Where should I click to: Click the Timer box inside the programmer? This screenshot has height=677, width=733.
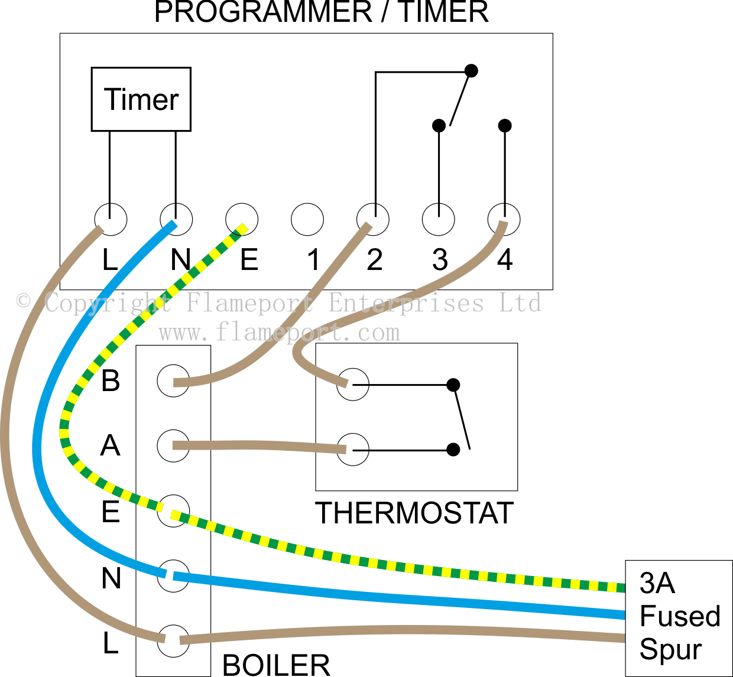[x=141, y=99]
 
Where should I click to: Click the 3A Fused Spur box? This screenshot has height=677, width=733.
[x=679, y=617]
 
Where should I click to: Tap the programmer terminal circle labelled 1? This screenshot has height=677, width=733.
[x=307, y=220]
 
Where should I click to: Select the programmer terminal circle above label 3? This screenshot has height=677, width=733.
[x=439, y=220]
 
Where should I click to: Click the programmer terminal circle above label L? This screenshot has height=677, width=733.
[x=111, y=220]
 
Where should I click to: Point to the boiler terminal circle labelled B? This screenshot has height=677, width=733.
[x=173, y=380]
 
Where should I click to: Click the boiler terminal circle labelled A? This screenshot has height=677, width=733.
[x=173, y=446]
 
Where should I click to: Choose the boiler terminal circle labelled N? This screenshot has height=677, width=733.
[x=173, y=576]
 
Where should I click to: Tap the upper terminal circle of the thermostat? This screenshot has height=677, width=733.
[x=353, y=385]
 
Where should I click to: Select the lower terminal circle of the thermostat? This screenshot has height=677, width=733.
[x=353, y=450]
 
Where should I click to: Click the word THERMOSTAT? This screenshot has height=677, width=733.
[x=414, y=513]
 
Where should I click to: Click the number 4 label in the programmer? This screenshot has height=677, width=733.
[x=504, y=260]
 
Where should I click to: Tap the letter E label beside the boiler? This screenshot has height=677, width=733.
[x=111, y=512]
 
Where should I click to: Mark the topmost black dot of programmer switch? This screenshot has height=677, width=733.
[x=471, y=71]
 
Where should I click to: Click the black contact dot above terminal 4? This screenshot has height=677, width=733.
[x=505, y=125]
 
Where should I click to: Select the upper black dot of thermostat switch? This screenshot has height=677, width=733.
[x=453, y=385]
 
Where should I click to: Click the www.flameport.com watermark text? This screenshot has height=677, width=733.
[x=279, y=333]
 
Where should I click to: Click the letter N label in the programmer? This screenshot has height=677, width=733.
[x=181, y=260]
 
